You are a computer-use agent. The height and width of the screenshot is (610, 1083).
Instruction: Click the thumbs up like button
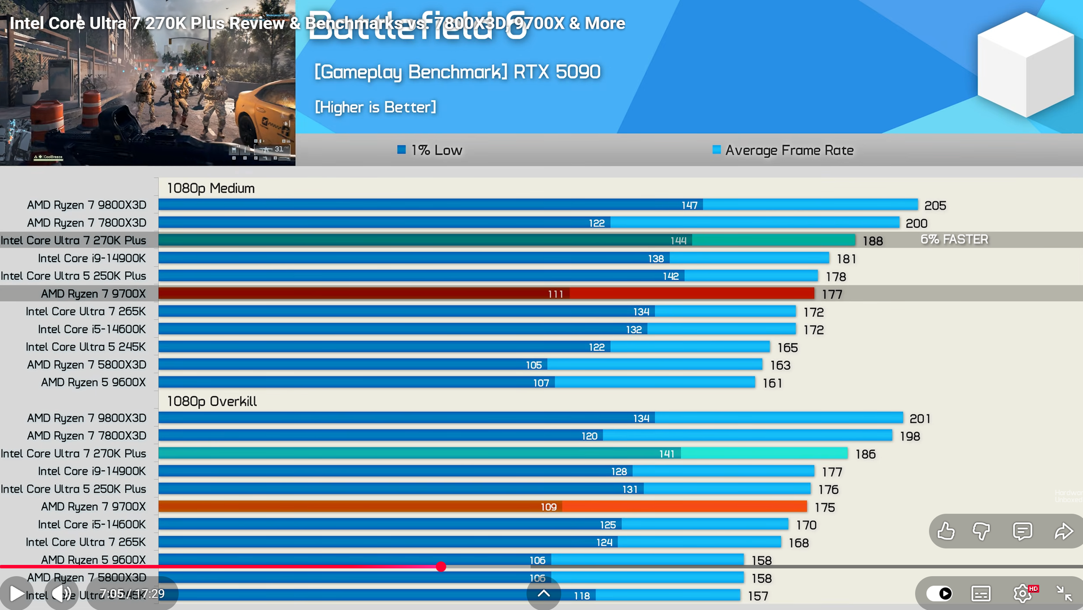(x=946, y=531)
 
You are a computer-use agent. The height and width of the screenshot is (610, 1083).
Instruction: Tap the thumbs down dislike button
(x=981, y=531)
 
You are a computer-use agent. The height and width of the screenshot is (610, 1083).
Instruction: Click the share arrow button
(x=1063, y=531)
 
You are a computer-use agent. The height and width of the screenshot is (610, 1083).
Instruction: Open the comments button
(x=1022, y=531)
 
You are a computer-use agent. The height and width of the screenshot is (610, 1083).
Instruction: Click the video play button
(x=17, y=594)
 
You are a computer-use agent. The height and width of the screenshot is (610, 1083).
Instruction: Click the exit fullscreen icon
(x=1064, y=593)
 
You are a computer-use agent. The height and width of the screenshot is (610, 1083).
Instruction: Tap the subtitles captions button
(x=981, y=593)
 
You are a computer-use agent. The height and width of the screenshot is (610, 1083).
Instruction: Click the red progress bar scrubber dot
(x=441, y=567)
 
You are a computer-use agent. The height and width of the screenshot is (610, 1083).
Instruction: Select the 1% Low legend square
(x=402, y=150)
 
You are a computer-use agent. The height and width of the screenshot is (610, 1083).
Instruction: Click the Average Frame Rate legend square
(x=716, y=150)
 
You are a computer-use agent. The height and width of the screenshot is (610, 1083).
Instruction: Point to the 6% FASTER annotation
(x=954, y=240)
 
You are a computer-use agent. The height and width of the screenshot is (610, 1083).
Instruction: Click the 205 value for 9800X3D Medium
(x=935, y=206)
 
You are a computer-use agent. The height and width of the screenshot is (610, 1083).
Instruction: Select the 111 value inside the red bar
(x=556, y=294)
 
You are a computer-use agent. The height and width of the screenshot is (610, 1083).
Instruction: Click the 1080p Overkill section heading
(x=212, y=401)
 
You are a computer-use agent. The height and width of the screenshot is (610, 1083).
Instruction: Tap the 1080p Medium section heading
(x=210, y=188)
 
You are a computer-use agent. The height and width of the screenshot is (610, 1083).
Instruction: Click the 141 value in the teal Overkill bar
(x=667, y=454)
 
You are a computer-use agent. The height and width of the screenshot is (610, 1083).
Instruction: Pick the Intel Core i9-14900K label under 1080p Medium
(x=91, y=258)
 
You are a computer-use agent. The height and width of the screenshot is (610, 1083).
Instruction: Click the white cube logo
(x=1025, y=65)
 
